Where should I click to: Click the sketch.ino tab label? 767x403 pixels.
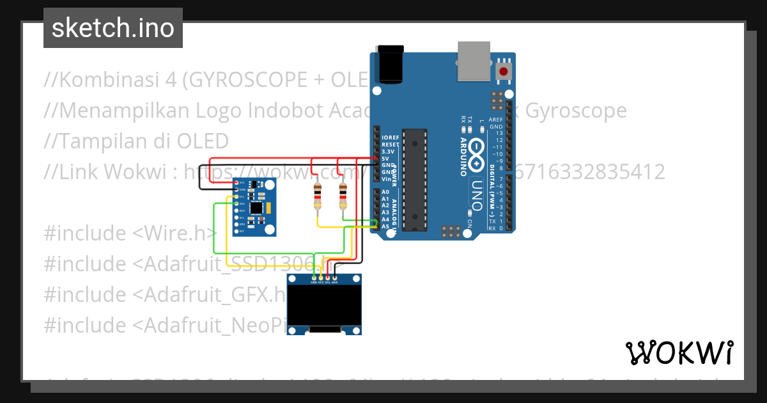pos(113,28)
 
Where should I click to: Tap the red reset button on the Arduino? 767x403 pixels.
pos(505,71)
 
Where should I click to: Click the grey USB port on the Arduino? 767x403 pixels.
pos(474,61)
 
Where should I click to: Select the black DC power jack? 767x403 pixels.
pos(391,64)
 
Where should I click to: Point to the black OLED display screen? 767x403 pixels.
pos(324,305)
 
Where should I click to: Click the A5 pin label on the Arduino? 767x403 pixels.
pos(385,226)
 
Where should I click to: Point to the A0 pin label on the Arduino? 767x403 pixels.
pos(385,192)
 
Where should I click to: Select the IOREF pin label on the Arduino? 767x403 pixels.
pos(390,138)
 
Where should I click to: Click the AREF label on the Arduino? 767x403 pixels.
pos(495,120)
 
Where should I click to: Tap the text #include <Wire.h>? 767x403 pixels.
pos(130,233)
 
